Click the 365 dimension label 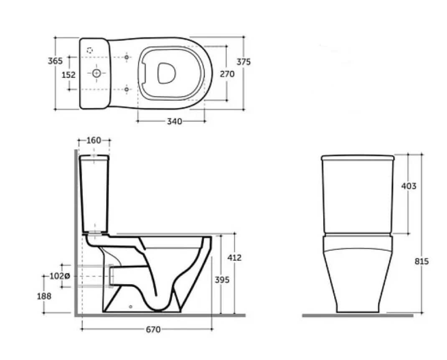(55, 61)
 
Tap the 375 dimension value (244, 61)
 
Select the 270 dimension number (227, 74)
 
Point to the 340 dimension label (174, 121)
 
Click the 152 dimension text (69, 75)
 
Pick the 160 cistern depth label (94, 140)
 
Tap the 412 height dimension (234, 258)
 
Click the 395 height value (222, 280)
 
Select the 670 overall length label (153, 329)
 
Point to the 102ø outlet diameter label (60, 276)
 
